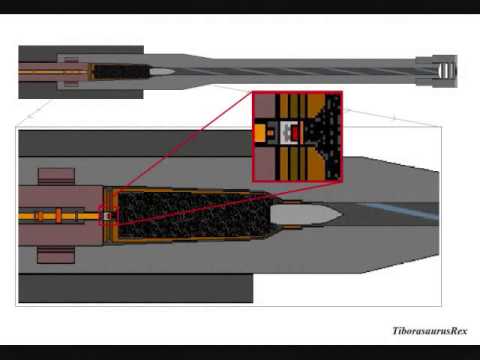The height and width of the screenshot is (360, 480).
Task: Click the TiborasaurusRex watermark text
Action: (x=429, y=331)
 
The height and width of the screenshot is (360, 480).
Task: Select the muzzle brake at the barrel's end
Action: (x=443, y=72)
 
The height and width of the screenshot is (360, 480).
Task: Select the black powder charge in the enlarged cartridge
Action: (x=190, y=214)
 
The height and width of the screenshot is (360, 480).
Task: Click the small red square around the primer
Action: (x=107, y=214)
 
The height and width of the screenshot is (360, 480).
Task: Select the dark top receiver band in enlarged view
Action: (x=130, y=143)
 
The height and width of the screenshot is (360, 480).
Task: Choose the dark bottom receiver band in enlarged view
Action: (x=130, y=288)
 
